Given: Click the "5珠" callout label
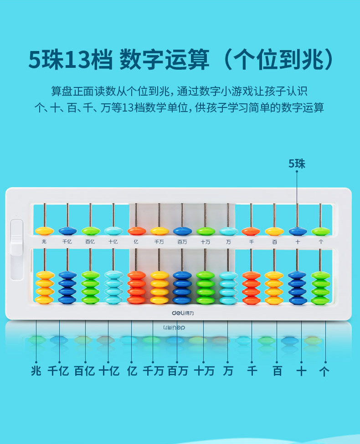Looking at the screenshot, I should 297,164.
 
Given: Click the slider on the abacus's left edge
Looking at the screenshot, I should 16,240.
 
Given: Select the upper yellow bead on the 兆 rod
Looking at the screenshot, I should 44,231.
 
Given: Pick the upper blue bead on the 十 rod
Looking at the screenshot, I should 298,231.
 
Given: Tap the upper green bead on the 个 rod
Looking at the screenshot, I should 321,231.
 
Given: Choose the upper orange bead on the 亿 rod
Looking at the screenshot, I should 136,231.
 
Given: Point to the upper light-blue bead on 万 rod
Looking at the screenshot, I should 228,231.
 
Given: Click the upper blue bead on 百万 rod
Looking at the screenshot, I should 182,231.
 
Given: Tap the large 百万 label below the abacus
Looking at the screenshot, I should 178,371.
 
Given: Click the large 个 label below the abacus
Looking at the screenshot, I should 324,371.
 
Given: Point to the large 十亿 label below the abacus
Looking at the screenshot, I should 108,371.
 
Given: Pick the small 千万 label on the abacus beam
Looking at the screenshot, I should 159,242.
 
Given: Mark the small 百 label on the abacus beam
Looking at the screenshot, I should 274,242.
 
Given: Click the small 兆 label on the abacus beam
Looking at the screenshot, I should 44,242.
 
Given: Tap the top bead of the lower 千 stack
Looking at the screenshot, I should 251,275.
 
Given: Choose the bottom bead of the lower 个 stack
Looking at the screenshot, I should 321,300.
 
